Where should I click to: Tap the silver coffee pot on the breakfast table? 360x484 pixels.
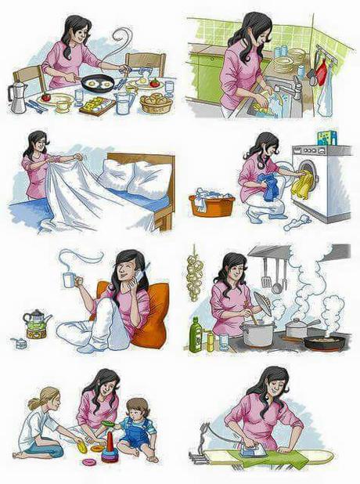tap(16, 99)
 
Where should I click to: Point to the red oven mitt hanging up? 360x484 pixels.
tap(321, 72)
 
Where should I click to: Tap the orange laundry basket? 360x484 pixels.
tap(211, 204)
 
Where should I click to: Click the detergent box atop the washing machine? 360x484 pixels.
tap(326, 138)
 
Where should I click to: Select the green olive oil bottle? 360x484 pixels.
tap(196, 334)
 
